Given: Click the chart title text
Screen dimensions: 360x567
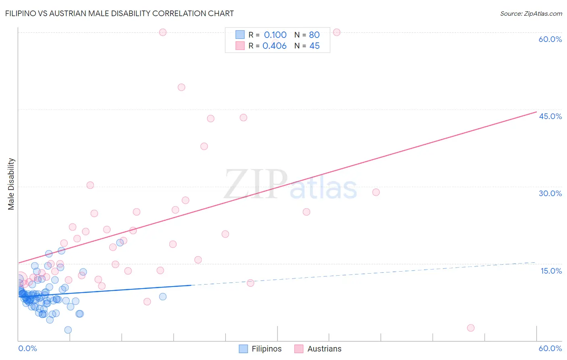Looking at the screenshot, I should click(x=119, y=13).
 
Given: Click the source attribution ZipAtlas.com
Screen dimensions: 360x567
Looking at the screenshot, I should click(x=531, y=13).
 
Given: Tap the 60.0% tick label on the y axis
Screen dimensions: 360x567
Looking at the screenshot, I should click(x=550, y=39).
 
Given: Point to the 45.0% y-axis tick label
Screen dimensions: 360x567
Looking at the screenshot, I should click(x=550, y=116).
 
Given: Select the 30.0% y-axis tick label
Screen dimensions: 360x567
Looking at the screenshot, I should click(x=550, y=193).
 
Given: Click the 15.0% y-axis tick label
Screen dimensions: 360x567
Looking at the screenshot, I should click(x=551, y=271).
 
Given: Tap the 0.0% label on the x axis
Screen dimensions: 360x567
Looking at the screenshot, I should click(x=27, y=348).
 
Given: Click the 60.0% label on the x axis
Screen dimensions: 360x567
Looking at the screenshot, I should click(x=550, y=348).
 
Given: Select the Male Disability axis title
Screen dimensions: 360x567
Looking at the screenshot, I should click(x=11, y=184).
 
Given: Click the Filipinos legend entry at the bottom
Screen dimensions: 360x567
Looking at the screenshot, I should click(x=266, y=349).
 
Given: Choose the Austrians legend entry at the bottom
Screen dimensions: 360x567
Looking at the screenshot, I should click(x=324, y=349).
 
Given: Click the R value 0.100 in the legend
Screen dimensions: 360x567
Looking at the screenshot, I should click(x=275, y=35).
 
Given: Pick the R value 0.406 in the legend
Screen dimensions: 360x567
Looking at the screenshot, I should click(x=274, y=46).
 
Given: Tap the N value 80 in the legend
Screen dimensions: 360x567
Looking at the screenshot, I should click(x=314, y=35).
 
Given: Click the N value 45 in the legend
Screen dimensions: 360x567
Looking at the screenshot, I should click(x=314, y=46).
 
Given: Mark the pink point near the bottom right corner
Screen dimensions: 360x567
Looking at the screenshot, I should click(x=471, y=328).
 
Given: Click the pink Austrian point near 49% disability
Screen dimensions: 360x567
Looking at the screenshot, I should click(x=181, y=87).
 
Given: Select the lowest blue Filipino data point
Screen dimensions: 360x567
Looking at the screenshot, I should click(x=68, y=330).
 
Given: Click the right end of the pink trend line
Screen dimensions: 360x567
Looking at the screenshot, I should click(x=536, y=112).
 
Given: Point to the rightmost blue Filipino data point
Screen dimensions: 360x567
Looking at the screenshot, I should click(x=163, y=297).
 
